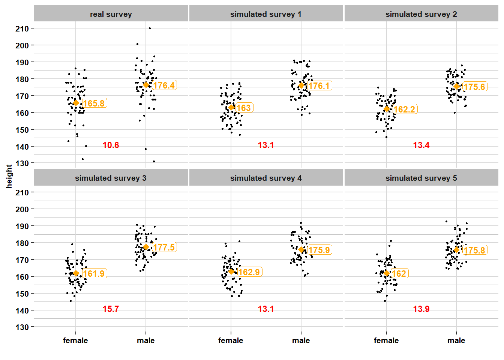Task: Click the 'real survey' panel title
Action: pos(111,14)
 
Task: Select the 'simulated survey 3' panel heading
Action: pos(111,178)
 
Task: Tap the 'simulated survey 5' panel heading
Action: pos(421,178)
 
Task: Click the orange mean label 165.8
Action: pos(94,103)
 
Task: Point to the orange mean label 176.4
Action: pos(164,85)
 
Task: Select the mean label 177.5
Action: pos(164,247)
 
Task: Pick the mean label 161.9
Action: pos(94,274)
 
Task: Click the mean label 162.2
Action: pos(405,109)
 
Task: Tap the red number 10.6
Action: pos(111,145)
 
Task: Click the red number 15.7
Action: pos(111,309)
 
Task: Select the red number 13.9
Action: pos(421,309)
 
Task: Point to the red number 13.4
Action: pos(421,145)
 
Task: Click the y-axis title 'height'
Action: pos(9,176)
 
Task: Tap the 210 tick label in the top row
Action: pos(22,28)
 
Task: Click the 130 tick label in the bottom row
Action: pos(22,327)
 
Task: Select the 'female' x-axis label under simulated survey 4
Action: pos(231,340)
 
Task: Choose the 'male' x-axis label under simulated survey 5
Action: pos(456,340)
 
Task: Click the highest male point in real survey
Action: pos(150,28)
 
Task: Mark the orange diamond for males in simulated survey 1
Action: pos(301,85)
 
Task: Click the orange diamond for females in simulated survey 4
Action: pos(231,271)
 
